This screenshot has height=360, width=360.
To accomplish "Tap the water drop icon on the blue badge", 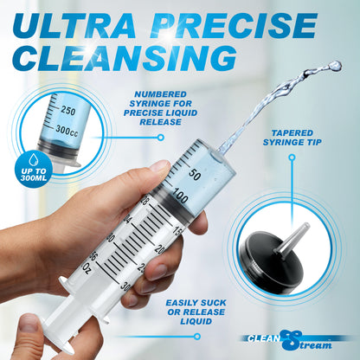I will pos(35,160).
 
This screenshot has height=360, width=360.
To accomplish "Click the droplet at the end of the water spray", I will pos(335,65).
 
